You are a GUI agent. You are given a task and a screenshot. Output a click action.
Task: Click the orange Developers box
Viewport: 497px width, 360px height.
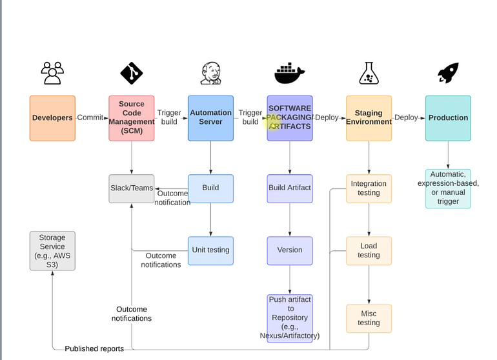pyautogui.click(x=52, y=118)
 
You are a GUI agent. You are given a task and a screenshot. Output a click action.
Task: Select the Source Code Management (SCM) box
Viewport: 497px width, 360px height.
pyautogui.click(x=132, y=118)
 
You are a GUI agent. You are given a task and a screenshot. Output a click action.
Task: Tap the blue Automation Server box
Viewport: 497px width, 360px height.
pyautogui.click(x=210, y=118)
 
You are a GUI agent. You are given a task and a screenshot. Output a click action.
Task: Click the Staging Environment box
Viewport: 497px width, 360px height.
pyautogui.click(x=369, y=118)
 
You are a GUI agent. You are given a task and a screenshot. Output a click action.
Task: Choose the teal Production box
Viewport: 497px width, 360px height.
pyautogui.click(x=448, y=118)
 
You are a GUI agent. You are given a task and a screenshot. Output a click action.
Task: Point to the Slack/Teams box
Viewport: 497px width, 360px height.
pyautogui.click(x=132, y=188)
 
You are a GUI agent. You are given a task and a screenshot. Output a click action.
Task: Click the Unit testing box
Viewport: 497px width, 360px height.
pyautogui.click(x=210, y=250)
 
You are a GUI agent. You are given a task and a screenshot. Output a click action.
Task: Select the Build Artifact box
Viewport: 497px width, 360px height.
pyautogui.click(x=290, y=188)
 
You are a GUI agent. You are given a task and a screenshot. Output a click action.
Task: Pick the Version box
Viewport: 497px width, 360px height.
pyautogui.click(x=290, y=250)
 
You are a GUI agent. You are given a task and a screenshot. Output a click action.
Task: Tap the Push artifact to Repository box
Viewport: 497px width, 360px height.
pyautogui.click(x=290, y=317)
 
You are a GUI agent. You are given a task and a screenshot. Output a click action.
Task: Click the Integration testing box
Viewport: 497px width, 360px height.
pyautogui.click(x=369, y=188)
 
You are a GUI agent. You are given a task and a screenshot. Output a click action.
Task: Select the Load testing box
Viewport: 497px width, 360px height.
pyautogui.click(x=369, y=250)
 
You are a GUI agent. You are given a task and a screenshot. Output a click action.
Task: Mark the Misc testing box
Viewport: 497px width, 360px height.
pyautogui.click(x=369, y=318)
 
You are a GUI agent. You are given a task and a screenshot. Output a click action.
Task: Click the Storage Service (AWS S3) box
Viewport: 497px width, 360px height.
pyautogui.click(x=52, y=251)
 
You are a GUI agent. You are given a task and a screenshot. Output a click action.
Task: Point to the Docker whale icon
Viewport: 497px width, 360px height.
pyautogui.click(x=289, y=74)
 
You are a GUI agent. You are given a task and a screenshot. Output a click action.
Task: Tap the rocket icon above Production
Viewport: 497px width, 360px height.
pyautogui.click(x=448, y=74)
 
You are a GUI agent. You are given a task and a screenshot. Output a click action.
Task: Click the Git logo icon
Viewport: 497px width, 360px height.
pyautogui.click(x=132, y=74)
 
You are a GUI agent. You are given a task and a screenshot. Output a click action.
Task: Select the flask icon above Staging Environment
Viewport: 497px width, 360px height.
pyautogui.click(x=369, y=74)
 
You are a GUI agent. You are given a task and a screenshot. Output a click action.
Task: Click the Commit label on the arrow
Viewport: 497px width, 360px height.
pyautogui.click(x=90, y=118)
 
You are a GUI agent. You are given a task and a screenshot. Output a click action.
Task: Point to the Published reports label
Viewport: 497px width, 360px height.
pyautogui.click(x=94, y=349)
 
